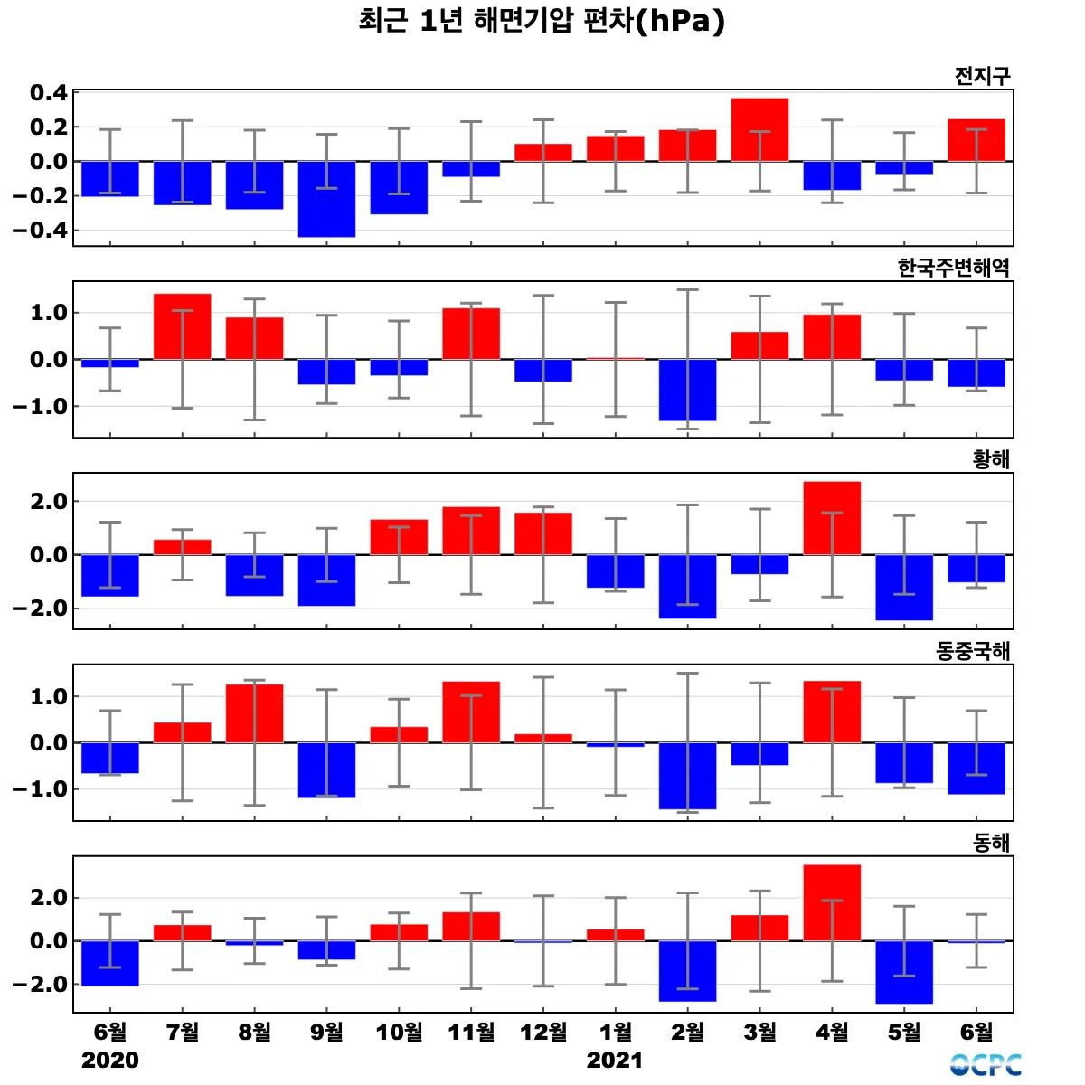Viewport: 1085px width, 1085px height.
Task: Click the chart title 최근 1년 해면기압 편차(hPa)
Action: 542,21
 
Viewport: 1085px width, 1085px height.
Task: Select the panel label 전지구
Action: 982,76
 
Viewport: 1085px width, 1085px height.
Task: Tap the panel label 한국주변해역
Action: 953,268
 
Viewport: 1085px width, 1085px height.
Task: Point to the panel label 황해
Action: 991,459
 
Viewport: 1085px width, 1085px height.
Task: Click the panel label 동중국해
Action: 973,651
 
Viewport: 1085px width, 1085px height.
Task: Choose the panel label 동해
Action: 991,843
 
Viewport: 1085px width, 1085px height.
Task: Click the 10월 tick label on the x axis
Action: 399,1032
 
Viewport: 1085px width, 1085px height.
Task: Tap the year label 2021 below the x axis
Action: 615,1060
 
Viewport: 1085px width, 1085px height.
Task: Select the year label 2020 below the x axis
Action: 110,1060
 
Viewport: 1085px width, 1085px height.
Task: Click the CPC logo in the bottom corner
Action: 986,1065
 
